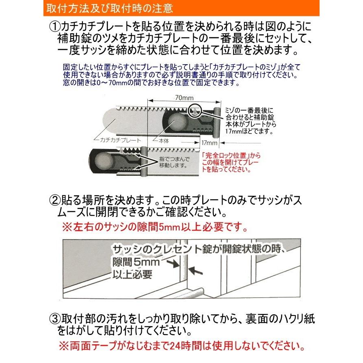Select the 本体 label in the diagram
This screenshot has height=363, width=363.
click(x=164, y=140)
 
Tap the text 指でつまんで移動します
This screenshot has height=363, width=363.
click(x=170, y=162)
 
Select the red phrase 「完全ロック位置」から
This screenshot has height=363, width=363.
click(x=230, y=156)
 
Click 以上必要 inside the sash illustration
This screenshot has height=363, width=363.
click(x=132, y=275)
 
